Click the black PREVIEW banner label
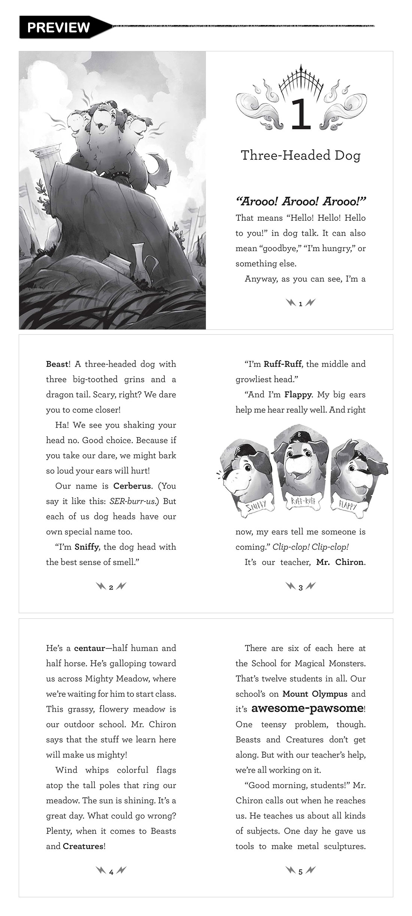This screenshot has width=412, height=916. pos(58,27)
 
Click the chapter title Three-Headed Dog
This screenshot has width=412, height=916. pos(300,155)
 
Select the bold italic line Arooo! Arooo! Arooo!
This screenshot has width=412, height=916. pos(300,202)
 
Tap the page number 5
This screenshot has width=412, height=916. pos(300,872)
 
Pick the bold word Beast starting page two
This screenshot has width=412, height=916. pos(57,364)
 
